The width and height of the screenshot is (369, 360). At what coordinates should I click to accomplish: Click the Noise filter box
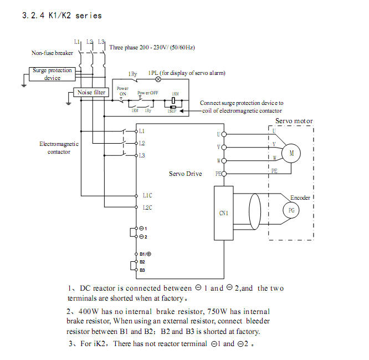point(91,93)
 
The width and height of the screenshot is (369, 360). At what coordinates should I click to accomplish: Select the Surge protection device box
point(52,74)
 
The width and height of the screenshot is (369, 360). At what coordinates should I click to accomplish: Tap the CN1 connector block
point(224,213)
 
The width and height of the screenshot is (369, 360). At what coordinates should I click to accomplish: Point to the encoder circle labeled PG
point(291,210)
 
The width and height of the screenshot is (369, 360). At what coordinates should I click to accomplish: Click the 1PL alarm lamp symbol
point(158,79)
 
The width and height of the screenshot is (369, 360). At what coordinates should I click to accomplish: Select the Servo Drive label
point(185,174)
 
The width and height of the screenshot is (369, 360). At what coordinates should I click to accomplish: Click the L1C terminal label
point(147,195)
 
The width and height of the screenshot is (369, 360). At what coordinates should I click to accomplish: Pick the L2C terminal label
point(147,207)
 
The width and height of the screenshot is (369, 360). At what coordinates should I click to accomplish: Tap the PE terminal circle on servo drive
point(224,174)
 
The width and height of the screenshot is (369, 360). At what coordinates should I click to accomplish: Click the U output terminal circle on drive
point(224,134)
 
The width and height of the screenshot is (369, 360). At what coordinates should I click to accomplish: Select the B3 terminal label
point(142,270)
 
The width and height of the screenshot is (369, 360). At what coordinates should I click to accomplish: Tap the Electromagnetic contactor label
point(59,148)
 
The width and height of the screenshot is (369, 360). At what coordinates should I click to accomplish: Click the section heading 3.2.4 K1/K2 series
point(61,16)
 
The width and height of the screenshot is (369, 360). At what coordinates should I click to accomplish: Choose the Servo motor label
point(294,121)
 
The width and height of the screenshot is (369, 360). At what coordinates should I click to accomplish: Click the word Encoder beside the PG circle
point(300,197)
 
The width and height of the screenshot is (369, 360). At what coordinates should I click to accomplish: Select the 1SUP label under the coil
point(172,111)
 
